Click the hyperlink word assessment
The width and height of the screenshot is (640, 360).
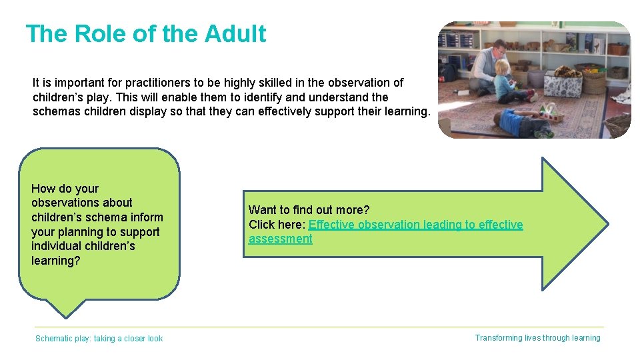click(x=280, y=239)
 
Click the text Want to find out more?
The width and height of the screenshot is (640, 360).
click(x=309, y=210)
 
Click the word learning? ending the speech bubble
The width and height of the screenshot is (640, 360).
click(x=55, y=261)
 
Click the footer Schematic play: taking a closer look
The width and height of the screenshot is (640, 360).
click(x=99, y=339)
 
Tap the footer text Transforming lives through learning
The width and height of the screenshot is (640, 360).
click(x=537, y=338)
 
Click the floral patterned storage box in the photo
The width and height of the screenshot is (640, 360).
click(x=563, y=83)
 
